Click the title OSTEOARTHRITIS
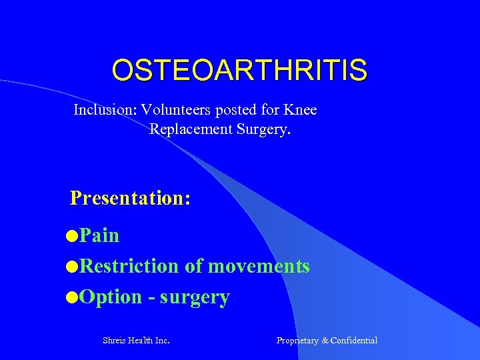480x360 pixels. (239, 70)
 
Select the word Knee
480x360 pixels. (301, 109)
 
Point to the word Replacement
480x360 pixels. (191, 129)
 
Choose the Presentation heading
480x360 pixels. (131, 198)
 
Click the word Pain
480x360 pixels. (99, 235)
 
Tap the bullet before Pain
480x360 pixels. (72, 236)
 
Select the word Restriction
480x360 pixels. (129, 266)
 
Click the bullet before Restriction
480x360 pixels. (72, 267)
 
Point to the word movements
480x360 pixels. (259, 266)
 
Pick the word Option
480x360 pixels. (111, 297)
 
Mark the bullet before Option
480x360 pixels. (72, 297)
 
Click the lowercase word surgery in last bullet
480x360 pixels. (195, 297)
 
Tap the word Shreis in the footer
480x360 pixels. (115, 341)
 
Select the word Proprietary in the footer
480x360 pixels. (297, 341)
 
